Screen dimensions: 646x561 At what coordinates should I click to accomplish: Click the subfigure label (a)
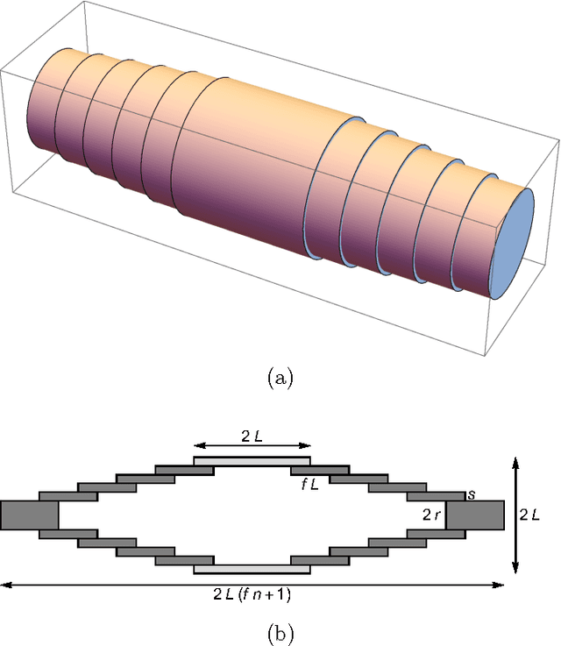point(280,378)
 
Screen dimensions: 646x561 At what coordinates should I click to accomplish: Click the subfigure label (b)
point(280,631)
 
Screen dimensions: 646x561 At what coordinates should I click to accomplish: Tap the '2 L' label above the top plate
point(252,436)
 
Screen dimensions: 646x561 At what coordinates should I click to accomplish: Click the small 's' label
point(472,494)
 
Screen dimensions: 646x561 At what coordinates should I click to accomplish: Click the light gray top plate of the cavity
point(252,460)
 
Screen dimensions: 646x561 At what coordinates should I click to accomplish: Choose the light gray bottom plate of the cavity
point(252,569)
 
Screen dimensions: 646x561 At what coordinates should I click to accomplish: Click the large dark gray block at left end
point(29,515)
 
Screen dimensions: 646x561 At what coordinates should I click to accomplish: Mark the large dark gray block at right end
point(474,515)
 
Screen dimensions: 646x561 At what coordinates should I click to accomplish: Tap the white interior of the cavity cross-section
point(252,515)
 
